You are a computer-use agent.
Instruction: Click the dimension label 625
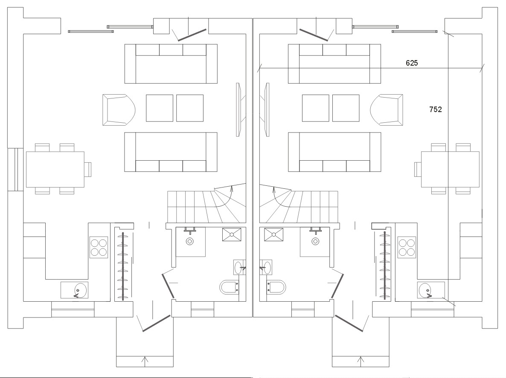click(x=411, y=63)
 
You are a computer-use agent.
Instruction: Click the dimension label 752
click(x=435, y=110)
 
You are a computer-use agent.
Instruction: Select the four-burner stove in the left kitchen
click(x=99, y=247)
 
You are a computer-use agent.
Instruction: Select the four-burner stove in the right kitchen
click(x=407, y=247)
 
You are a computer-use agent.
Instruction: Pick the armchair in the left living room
click(x=119, y=110)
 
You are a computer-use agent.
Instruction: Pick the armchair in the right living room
click(x=387, y=110)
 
